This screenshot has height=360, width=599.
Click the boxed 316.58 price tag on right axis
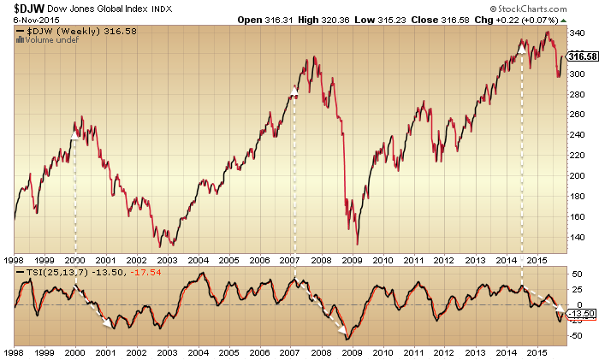coord(582,56)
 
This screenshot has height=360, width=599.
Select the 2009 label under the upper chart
coord(351,259)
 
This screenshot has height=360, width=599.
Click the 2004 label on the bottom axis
coord(199,351)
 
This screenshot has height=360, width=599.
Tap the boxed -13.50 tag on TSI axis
coord(582,311)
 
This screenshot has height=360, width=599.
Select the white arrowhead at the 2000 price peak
coord(74,133)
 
